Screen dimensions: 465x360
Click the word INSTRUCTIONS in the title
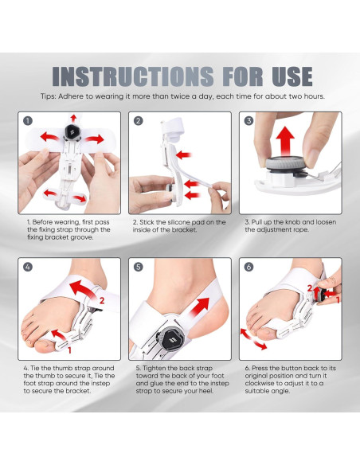click(x=131, y=76)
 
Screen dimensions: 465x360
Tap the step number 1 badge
click(x=27, y=121)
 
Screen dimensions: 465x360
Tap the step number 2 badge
click(x=138, y=121)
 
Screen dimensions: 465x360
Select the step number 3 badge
click(x=248, y=121)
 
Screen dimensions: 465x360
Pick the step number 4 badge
click(x=27, y=267)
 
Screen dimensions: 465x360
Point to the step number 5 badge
click(x=138, y=267)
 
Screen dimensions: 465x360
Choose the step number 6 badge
click(x=248, y=267)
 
